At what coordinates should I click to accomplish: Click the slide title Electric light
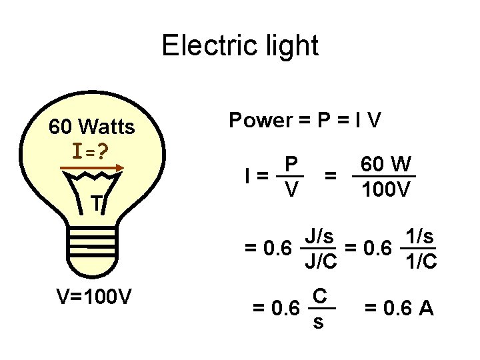pyautogui.click(x=240, y=46)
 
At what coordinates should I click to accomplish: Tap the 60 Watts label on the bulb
pyautogui.click(x=92, y=126)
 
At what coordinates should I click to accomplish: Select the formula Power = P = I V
pyautogui.click(x=305, y=121)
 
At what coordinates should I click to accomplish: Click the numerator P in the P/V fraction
pyautogui.click(x=291, y=164)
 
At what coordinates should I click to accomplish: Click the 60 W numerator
pyautogui.click(x=385, y=164)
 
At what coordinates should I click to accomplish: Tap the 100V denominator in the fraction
pyautogui.click(x=385, y=191)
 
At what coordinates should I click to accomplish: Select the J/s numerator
pyautogui.click(x=320, y=235)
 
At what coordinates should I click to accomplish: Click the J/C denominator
pyautogui.click(x=320, y=263)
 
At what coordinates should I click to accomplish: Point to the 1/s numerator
pyautogui.click(x=421, y=235)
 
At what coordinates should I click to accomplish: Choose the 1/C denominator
pyautogui.click(x=421, y=263)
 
